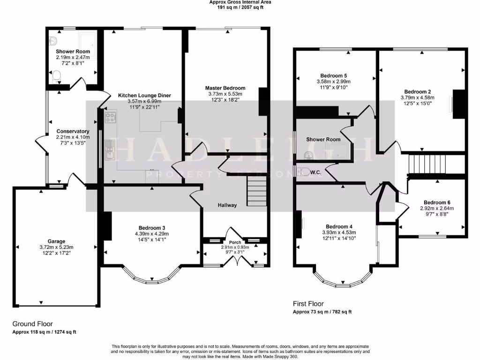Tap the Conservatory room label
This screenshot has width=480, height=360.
[73, 131]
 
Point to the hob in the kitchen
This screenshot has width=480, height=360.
[111, 118]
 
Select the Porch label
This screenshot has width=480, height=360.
[235, 242]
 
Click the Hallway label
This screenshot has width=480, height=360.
[227, 205]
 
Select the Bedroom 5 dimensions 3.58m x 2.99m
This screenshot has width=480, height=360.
[333, 81]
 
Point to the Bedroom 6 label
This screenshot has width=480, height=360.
[435, 202]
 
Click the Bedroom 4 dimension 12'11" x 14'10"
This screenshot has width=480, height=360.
[339, 238]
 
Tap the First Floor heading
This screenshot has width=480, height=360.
[308, 304]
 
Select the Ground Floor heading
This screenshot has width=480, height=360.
[32, 324]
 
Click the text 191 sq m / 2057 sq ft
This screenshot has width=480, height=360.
[240, 8]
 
